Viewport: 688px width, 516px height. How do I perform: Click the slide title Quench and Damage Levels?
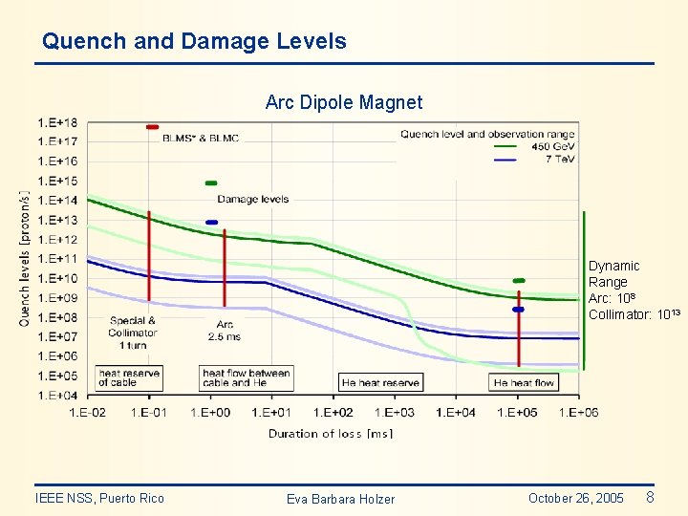194,42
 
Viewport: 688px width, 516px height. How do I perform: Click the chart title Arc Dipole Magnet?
343,102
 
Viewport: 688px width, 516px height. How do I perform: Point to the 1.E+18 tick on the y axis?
58,122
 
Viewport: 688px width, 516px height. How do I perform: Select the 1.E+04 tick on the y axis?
58,395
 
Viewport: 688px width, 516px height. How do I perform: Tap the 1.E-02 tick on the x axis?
88,412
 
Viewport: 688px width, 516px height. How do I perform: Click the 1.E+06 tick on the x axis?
579,412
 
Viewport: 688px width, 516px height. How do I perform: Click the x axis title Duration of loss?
330,433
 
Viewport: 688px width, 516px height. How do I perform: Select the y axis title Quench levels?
25,258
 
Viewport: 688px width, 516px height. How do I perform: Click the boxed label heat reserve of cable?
129,377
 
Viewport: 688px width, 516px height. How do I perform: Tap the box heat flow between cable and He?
246,377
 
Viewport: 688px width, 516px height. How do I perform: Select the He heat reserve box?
380,382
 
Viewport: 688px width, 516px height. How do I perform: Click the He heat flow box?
524,382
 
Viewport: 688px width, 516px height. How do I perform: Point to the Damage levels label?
253,199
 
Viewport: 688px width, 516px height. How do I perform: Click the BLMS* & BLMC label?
201,139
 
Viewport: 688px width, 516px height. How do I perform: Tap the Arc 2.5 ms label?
225,331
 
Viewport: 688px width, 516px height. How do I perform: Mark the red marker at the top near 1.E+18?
152,126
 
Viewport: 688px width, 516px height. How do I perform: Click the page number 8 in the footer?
651,497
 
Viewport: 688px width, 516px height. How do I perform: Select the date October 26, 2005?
575,498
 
